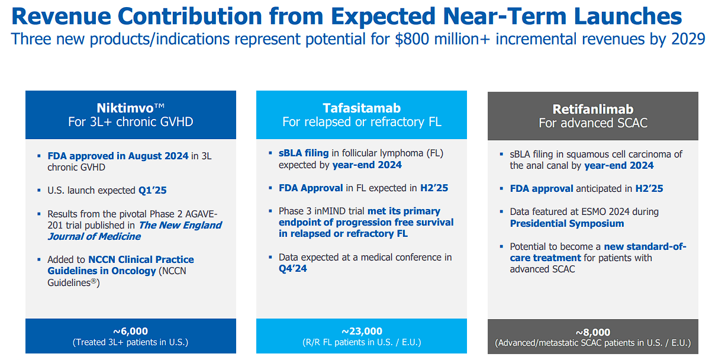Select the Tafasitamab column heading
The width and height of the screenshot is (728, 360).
tap(361, 108)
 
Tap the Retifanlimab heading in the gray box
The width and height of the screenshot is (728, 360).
tap(592, 109)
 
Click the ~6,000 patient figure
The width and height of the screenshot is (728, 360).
tap(130, 331)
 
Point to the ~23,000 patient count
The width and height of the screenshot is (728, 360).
tap(362, 331)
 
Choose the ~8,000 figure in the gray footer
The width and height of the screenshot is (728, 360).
tap(592, 332)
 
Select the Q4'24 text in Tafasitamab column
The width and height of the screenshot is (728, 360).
tap(292, 268)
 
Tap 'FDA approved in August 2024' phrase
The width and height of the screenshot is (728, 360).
tap(118, 156)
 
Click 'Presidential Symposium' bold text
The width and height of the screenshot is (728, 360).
tap(566, 223)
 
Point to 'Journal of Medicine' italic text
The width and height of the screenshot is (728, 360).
tap(94, 236)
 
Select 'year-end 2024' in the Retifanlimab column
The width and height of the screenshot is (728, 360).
tap(619, 165)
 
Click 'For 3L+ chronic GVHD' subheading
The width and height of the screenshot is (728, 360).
tap(130, 123)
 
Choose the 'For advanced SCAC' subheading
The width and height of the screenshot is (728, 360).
tap(592, 123)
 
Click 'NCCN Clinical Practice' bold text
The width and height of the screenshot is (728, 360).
tap(141, 259)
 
